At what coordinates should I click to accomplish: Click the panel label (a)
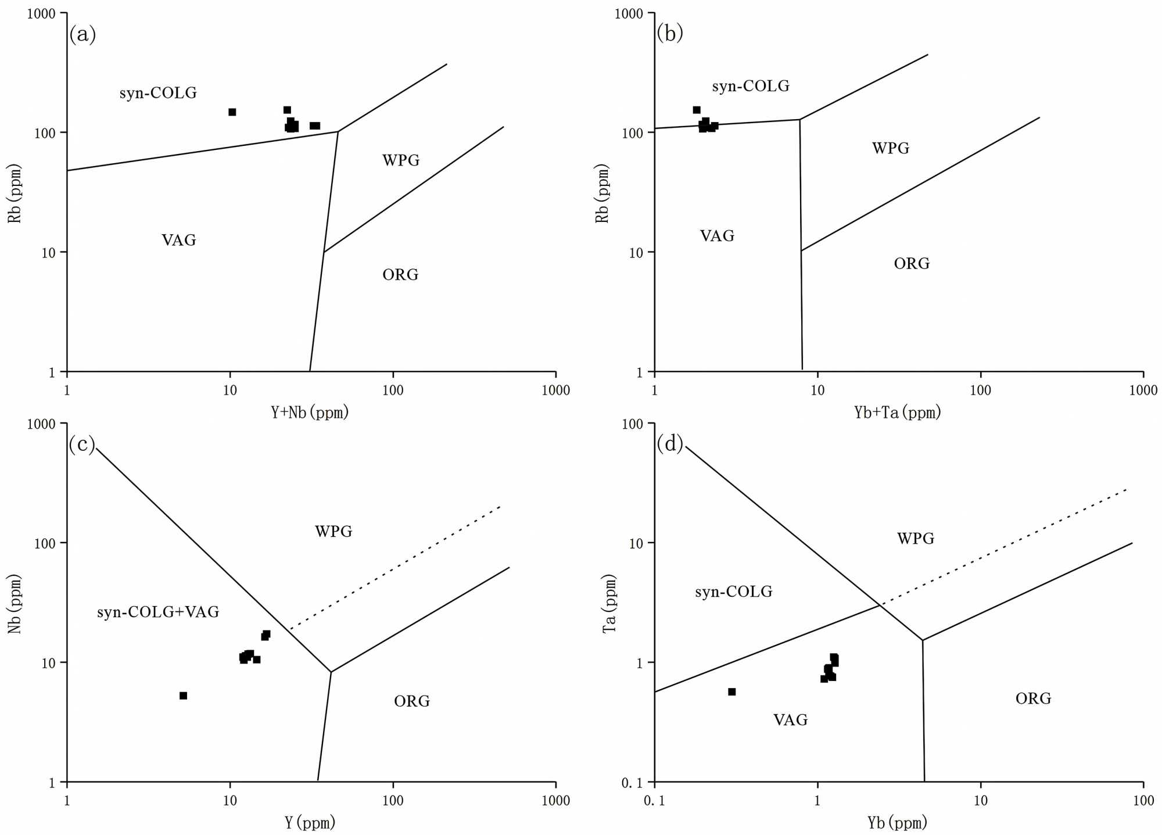(82, 35)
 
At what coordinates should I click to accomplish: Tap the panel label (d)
(670, 444)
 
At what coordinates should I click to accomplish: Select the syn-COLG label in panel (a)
(158, 93)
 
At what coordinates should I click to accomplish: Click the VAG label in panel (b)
(717, 236)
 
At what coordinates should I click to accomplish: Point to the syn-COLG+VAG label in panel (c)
(158, 612)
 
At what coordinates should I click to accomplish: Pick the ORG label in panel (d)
(1033, 698)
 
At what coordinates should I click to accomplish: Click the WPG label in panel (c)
(333, 531)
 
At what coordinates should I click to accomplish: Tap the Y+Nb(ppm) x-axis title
(310, 413)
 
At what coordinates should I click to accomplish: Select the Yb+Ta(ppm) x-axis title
(897, 413)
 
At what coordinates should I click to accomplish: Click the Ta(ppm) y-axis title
(608, 604)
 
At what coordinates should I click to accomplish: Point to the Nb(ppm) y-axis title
(14, 604)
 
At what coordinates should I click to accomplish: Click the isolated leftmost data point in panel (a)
(232, 112)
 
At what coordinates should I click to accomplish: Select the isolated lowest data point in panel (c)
(183, 696)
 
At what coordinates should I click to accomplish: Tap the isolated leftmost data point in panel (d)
(732, 691)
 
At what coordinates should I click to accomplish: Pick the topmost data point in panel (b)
(697, 110)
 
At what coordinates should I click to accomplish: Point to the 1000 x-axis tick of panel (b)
(1143, 390)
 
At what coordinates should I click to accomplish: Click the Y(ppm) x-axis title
(310, 822)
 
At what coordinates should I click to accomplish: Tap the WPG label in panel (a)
(401, 160)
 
